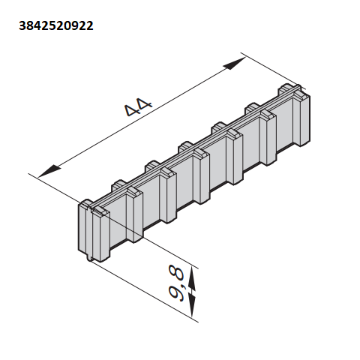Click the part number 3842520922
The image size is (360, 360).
tap(56, 25)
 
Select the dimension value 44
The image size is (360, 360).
tap(138, 106)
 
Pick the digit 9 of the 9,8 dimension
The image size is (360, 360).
tap(176, 292)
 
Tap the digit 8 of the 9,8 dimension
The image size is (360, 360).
tap(176, 273)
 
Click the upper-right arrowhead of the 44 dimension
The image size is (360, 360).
tap(235, 63)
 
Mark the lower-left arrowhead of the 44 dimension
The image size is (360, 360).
tap(49, 172)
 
